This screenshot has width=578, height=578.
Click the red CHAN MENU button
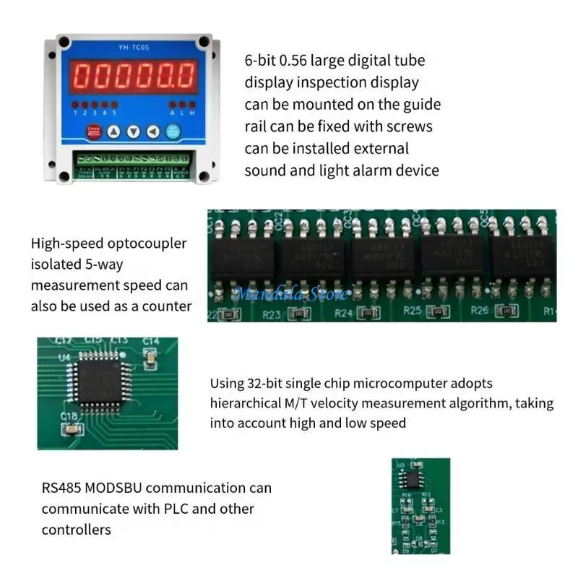point(93,131)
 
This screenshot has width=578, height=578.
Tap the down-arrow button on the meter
point(134,131)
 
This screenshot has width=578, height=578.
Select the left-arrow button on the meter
point(152,131)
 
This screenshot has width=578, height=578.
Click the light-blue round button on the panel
point(173,131)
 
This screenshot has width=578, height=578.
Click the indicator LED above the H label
point(191,105)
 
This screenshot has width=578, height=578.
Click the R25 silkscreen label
point(412,310)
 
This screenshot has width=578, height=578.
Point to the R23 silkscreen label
point(270,314)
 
